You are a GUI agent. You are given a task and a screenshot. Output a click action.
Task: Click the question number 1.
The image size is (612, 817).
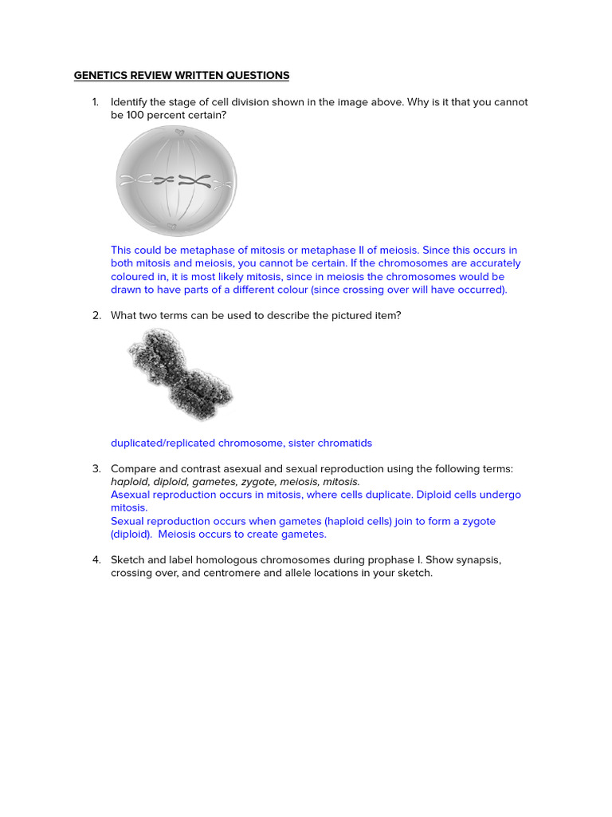click(x=96, y=102)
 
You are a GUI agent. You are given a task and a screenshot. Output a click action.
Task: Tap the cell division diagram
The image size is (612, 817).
click(x=176, y=181)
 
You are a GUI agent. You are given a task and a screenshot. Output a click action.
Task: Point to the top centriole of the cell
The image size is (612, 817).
click(x=179, y=132)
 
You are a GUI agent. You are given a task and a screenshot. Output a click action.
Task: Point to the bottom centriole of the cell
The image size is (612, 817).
click(x=171, y=228)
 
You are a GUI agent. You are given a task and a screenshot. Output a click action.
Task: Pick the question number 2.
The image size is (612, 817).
click(x=96, y=315)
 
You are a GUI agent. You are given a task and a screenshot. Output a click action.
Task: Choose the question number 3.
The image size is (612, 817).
click(x=96, y=468)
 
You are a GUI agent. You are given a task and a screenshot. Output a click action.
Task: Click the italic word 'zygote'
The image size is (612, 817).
click(x=254, y=482)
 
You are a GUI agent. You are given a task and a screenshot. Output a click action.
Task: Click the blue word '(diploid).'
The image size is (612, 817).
click(x=131, y=534)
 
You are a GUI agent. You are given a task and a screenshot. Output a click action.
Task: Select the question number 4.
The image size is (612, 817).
click(x=96, y=560)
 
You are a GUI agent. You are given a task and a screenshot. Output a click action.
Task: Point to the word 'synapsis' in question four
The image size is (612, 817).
click(x=479, y=560)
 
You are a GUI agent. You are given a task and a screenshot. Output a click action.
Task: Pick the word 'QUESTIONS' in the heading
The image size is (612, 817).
click(x=259, y=76)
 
